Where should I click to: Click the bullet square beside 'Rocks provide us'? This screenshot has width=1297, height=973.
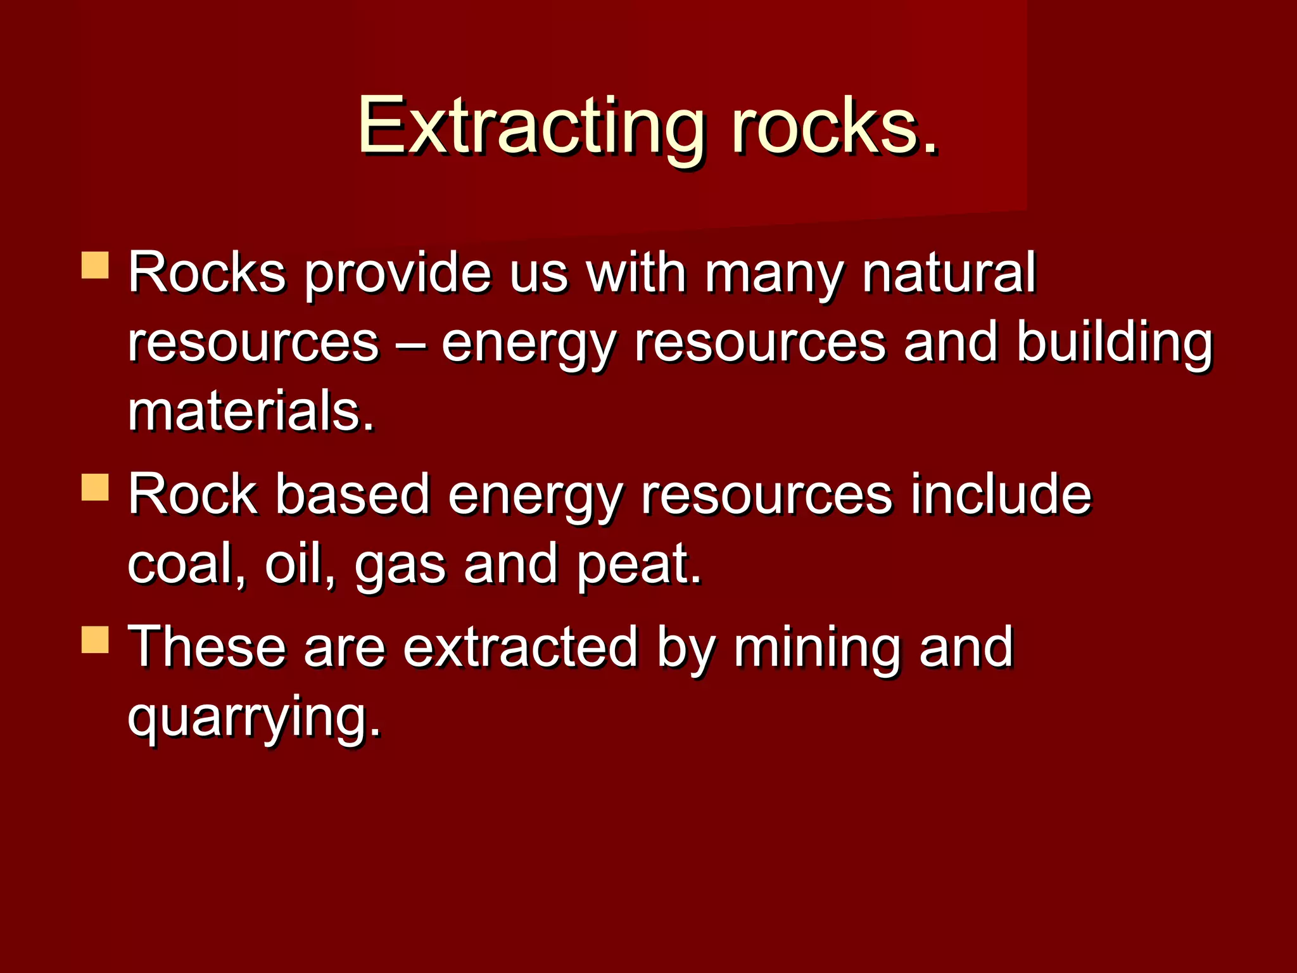[x=96, y=265]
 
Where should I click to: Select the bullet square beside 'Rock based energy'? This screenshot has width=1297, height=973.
[x=96, y=487]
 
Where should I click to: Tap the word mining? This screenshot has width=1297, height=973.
[x=817, y=647]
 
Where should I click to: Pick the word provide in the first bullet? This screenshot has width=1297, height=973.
[x=398, y=274]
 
